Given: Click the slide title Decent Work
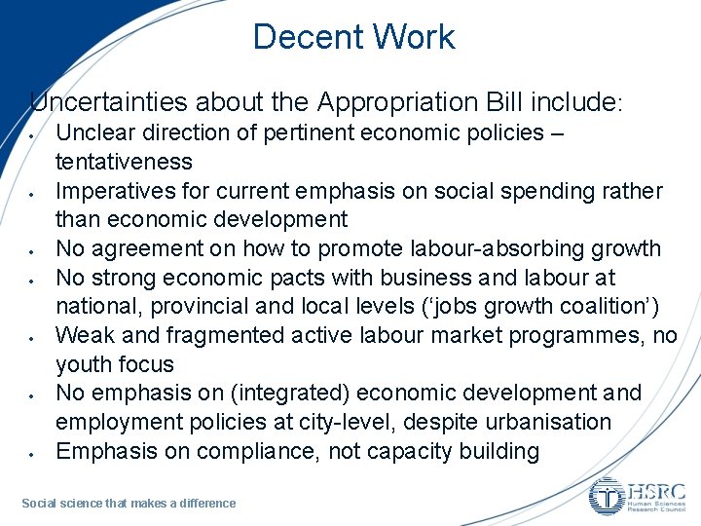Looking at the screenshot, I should point(353,37).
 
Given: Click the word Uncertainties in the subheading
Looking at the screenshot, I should point(108,101).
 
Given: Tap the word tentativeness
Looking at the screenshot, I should point(124,161).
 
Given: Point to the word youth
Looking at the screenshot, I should point(84,364).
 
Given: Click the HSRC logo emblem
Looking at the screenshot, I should point(608,496).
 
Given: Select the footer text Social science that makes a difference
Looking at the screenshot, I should point(129,503).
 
